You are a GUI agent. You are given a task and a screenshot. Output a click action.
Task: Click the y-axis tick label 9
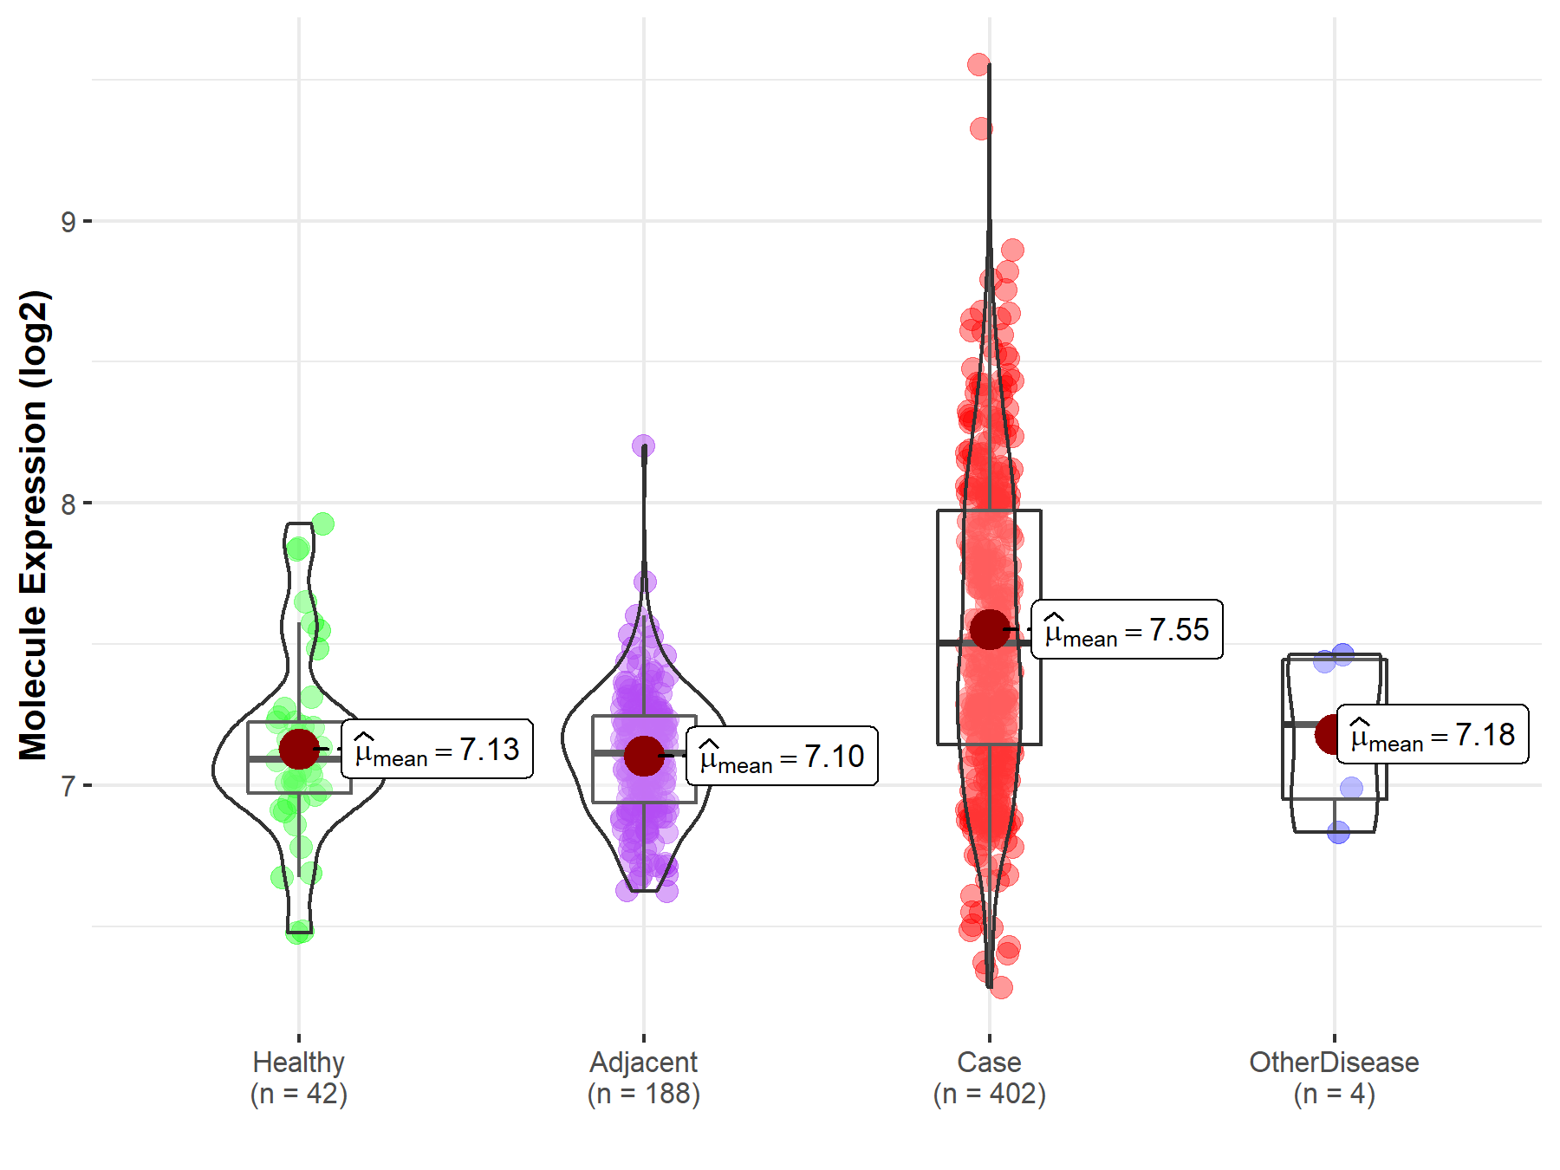click(x=68, y=222)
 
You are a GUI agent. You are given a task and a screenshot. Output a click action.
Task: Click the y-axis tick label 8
click(x=68, y=504)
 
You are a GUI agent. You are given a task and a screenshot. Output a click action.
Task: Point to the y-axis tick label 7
click(x=68, y=786)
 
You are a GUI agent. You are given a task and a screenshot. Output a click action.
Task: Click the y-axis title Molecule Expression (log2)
click(x=33, y=525)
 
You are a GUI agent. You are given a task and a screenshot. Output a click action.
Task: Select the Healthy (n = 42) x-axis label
click(x=299, y=1077)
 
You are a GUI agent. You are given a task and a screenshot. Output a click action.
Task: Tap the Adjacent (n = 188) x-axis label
click(x=644, y=1077)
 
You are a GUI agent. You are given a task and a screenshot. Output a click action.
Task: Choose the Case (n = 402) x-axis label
click(x=989, y=1077)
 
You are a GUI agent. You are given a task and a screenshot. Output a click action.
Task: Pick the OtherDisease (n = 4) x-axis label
click(x=1334, y=1077)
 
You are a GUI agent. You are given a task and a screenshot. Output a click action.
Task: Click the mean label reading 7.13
click(x=437, y=749)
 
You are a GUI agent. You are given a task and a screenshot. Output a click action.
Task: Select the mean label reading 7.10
click(x=782, y=756)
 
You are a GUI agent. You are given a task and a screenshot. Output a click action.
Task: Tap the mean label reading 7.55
click(x=1127, y=629)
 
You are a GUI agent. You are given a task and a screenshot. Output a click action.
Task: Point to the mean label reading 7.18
click(x=1432, y=734)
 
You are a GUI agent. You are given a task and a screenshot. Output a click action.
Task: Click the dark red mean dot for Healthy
click(x=299, y=749)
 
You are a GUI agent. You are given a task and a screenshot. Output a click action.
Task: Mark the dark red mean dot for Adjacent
click(x=644, y=756)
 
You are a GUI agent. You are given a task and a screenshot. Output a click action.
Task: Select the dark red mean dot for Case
click(x=989, y=629)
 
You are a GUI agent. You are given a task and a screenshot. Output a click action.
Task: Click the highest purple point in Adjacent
click(x=643, y=446)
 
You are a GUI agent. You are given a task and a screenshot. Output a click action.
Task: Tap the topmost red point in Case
click(x=978, y=64)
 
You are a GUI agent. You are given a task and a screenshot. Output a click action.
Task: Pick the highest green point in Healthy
click(x=322, y=523)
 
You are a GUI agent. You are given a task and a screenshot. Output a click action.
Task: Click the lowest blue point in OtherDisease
click(x=1338, y=833)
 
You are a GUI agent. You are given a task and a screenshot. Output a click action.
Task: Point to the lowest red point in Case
click(x=1001, y=987)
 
